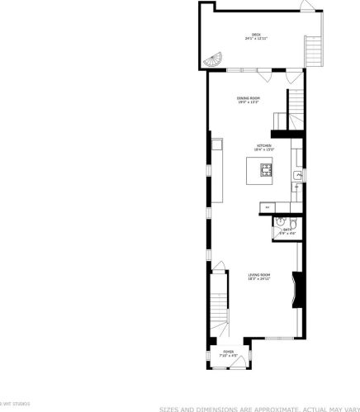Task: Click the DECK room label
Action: tap(256, 34)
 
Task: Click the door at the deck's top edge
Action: tap(306, 7)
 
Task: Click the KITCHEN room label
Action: tap(263, 145)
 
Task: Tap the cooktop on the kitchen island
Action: tap(266, 171)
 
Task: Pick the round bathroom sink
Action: tap(281, 221)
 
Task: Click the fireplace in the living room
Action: tap(299, 290)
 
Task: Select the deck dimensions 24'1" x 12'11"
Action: tap(255, 39)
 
